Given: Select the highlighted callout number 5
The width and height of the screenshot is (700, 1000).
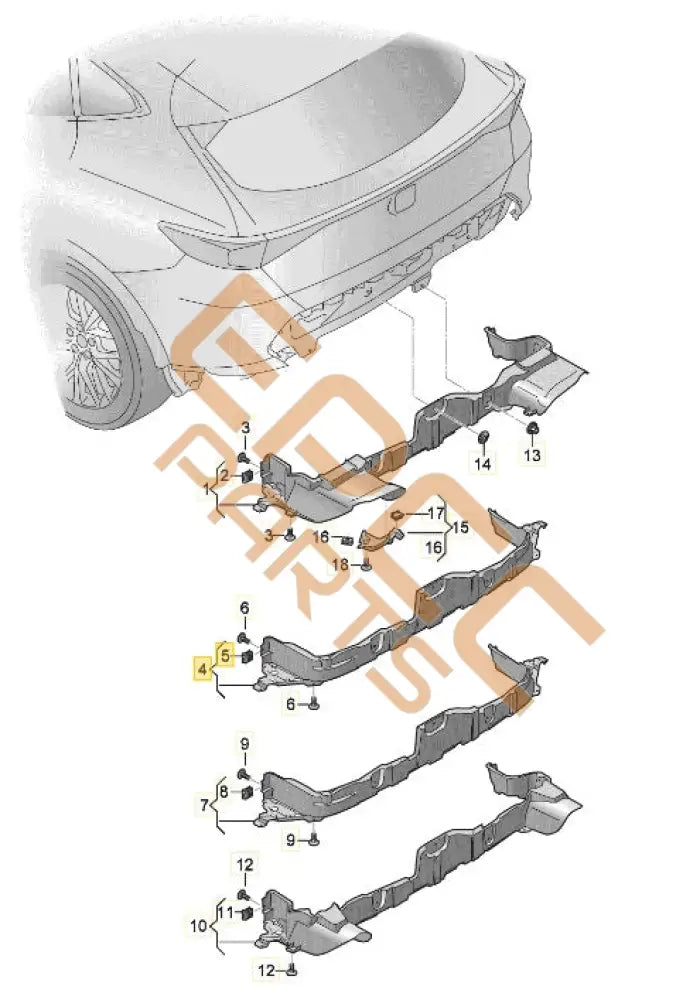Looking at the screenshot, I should [x=226, y=655].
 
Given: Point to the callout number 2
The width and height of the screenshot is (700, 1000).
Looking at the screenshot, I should [x=225, y=475].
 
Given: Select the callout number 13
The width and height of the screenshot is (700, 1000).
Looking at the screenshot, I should [x=532, y=455].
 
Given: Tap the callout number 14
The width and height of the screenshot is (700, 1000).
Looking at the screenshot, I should [x=483, y=465].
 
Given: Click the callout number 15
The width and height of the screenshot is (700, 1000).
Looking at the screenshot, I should [x=461, y=527].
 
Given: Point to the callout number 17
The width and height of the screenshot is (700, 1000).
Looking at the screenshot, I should [x=435, y=513].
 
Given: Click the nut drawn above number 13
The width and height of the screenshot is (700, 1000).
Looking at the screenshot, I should [x=533, y=430].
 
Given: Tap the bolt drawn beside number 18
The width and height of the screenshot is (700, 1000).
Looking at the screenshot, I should [x=366, y=566].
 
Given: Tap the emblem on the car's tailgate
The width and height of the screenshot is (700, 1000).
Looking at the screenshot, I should [x=403, y=200].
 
